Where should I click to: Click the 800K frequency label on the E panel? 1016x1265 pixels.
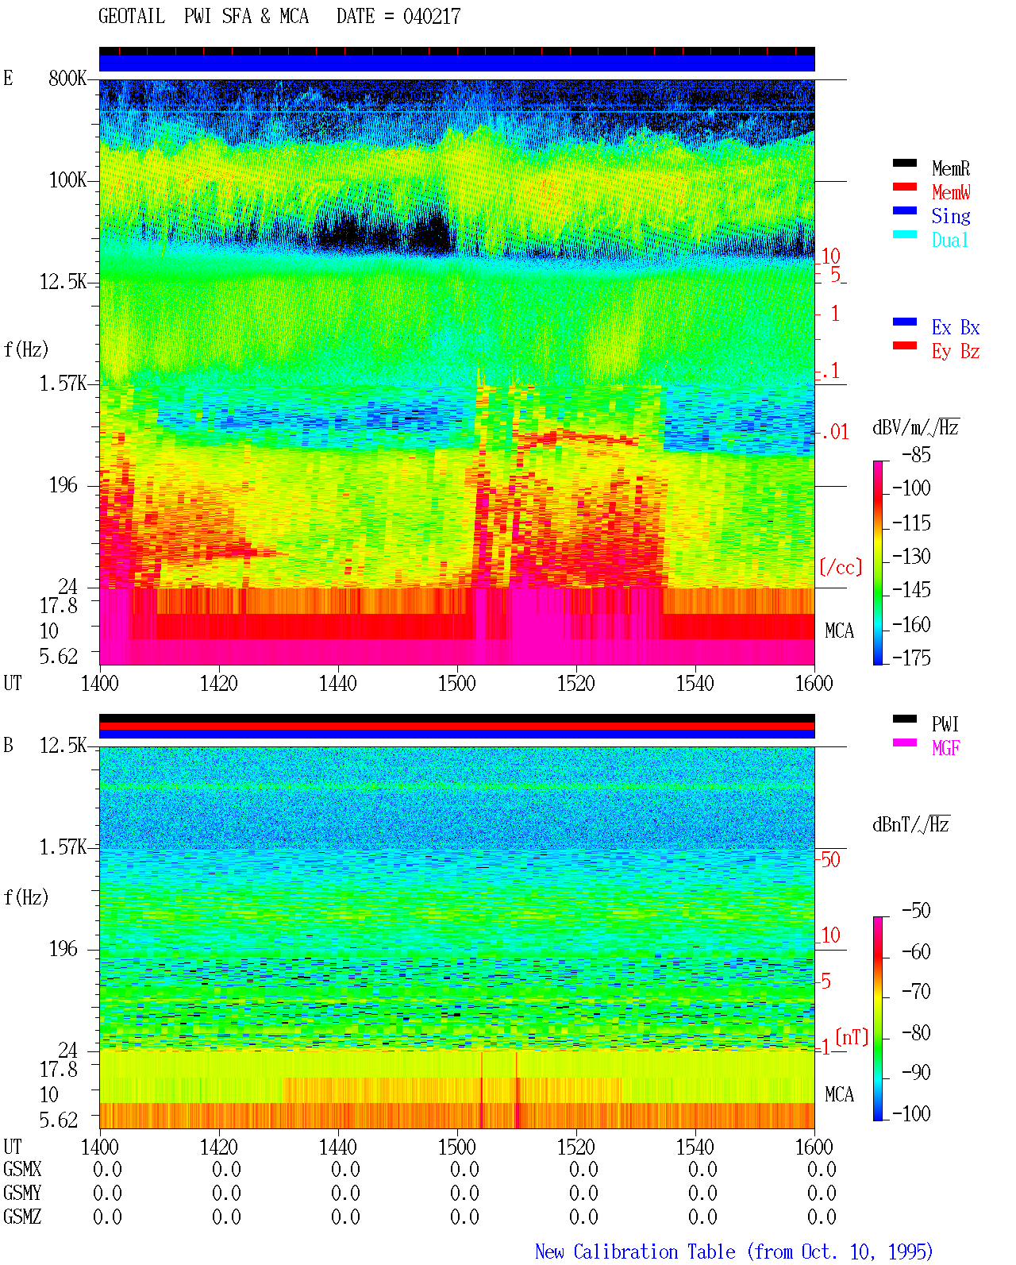pyautogui.click(x=67, y=78)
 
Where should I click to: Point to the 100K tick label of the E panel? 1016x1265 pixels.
pyautogui.click(x=67, y=180)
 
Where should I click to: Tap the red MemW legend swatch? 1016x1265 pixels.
pyautogui.click(x=904, y=187)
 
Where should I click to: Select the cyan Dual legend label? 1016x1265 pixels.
pyautogui.click(x=950, y=240)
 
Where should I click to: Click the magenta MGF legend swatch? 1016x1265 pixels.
pyautogui.click(x=904, y=742)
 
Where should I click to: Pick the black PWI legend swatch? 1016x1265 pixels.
pyautogui.click(x=904, y=719)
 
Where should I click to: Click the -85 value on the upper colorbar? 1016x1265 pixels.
pyautogui.click(x=916, y=454)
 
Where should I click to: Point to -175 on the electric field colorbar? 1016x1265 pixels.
pyautogui.click(x=911, y=658)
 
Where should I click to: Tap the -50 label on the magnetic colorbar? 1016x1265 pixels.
pyautogui.click(x=916, y=911)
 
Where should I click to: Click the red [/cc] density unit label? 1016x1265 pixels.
pyautogui.click(x=841, y=567)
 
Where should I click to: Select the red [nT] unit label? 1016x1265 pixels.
pyautogui.click(x=852, y=1036)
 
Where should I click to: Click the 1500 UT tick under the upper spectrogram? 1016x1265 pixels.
pyautogui.click(x=456, y=683)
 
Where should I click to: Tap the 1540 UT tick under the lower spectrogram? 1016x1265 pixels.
pyautogui.click(x=695, y=1147)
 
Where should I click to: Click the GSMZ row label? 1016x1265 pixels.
pyautogui.click(x=22, y=1217)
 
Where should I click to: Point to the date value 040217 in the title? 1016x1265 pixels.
pyautogui.click(x=432, y=17)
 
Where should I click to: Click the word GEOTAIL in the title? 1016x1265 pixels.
pyautogui.click(x=132, y=17)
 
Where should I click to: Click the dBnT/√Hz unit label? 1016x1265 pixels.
pyautogui.click(x=911, y=824)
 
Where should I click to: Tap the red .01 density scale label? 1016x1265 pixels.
pyautogui.click(x=834, y=433)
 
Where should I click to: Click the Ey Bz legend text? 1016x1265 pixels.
pyautogui.click(x=956, y=351)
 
